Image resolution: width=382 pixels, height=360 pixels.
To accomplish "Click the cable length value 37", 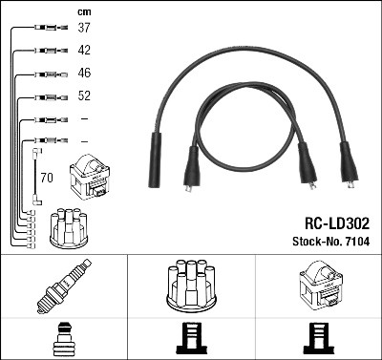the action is pyautogui.click(x=84, y=28).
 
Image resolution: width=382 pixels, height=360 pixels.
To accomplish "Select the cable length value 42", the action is pyautogui.click(x=84, y=50).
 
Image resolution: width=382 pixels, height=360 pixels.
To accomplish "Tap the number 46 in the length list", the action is pyautogui.click(x=84, y=73).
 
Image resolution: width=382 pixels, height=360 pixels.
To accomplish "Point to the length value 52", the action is pyautogui.click(x=84, y=95).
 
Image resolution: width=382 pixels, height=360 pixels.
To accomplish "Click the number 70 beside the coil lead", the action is pyautogui.click(x=47, y=178).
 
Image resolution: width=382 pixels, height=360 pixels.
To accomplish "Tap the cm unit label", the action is pyautogui.click(x=84, y=12).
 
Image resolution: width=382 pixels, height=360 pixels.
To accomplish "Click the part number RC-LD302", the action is pyautogui.click(x=337, y=223).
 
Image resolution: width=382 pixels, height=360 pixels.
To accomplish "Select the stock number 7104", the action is pyautogui.click(x=355, y=242).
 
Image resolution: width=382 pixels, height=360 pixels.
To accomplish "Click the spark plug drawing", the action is pyautogui.click(x=64, y=286).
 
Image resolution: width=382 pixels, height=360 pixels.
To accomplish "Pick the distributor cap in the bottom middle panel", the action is pyautogui.click(x=191, y=286).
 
